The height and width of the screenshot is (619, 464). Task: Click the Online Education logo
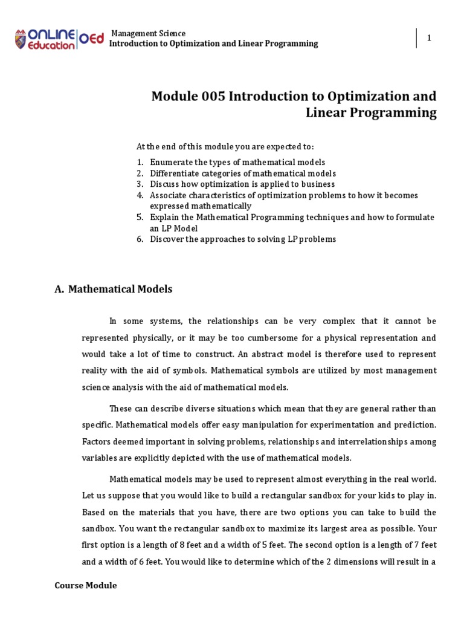tap(58, 39)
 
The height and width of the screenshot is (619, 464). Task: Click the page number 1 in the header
tap(429, 38)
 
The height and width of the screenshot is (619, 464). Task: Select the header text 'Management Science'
tap(149, 33)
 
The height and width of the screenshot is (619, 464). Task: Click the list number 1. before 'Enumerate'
tap(140, 162)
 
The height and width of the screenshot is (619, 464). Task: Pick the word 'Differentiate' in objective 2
tap(174, 173)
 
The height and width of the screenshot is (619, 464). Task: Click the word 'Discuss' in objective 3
tap(164, 184)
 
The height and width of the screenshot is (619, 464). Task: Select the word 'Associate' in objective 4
tap(169, 195)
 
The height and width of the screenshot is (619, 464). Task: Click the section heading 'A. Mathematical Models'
tap(114, 289)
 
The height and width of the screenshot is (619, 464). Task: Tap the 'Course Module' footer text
tap(86, 585)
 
